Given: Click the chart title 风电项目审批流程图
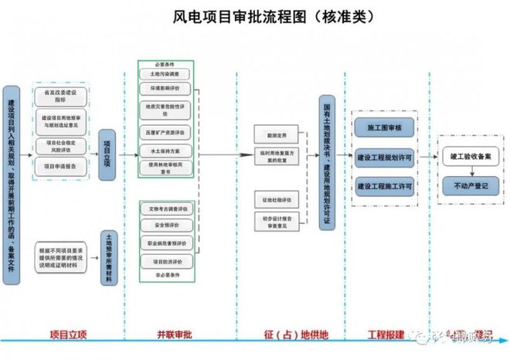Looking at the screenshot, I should tap(255, 16).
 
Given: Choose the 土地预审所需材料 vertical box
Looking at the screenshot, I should tap(108, 259).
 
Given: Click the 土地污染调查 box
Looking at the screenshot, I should tap(165, 74).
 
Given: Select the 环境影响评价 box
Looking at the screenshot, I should tap(165, 89).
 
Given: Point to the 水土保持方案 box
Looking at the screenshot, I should tap(165, 151).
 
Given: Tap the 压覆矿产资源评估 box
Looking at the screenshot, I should tap(165, 131).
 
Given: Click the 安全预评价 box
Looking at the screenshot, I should tap(165, 225).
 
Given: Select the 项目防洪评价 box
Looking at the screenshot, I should tap(165, 261).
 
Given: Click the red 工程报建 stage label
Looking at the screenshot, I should tap(384, 335).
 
